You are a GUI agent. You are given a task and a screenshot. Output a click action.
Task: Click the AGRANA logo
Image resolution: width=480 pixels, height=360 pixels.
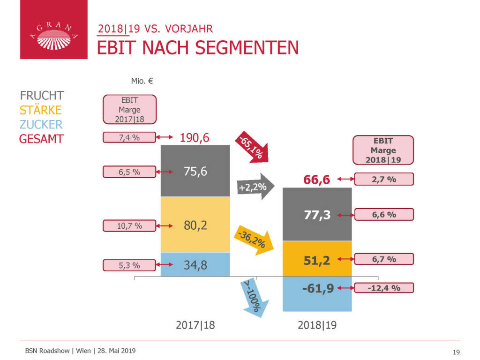pos(53,30)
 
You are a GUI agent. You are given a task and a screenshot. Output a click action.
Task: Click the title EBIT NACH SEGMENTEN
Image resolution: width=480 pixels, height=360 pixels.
pos(197,48)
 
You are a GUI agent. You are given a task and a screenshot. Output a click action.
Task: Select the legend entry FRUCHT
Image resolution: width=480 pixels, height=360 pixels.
pos(42,96)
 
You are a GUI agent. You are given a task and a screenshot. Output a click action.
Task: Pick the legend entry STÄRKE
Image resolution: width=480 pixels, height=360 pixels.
pos(40,110)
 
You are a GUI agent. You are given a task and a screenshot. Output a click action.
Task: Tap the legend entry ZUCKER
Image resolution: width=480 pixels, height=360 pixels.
pos(41,124)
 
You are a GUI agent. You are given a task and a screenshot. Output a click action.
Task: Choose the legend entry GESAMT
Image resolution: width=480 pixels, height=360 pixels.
pos(41,139)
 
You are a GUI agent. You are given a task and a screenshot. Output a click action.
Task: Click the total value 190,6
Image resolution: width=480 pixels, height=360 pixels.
pos(195,138)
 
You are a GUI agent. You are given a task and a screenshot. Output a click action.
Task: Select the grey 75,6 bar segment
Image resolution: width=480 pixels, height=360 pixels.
pos(195,171)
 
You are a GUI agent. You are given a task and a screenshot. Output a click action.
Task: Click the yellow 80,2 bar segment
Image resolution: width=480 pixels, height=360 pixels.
pos(195,225)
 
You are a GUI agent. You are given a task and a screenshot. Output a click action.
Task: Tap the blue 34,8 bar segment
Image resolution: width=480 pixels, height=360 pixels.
pos(195,265)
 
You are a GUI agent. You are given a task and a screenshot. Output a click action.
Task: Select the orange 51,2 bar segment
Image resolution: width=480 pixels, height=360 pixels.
pos(317,259)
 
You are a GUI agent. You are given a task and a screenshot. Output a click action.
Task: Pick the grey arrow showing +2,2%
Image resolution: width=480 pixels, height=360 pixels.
pos(255,187)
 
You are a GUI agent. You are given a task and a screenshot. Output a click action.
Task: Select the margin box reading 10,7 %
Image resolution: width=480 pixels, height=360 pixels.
pos(129,225)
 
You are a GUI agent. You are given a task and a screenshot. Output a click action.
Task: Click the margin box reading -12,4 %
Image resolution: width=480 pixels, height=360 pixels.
pos(384,288)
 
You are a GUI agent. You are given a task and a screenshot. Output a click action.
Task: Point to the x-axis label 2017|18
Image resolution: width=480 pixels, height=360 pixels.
pos(195,325)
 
